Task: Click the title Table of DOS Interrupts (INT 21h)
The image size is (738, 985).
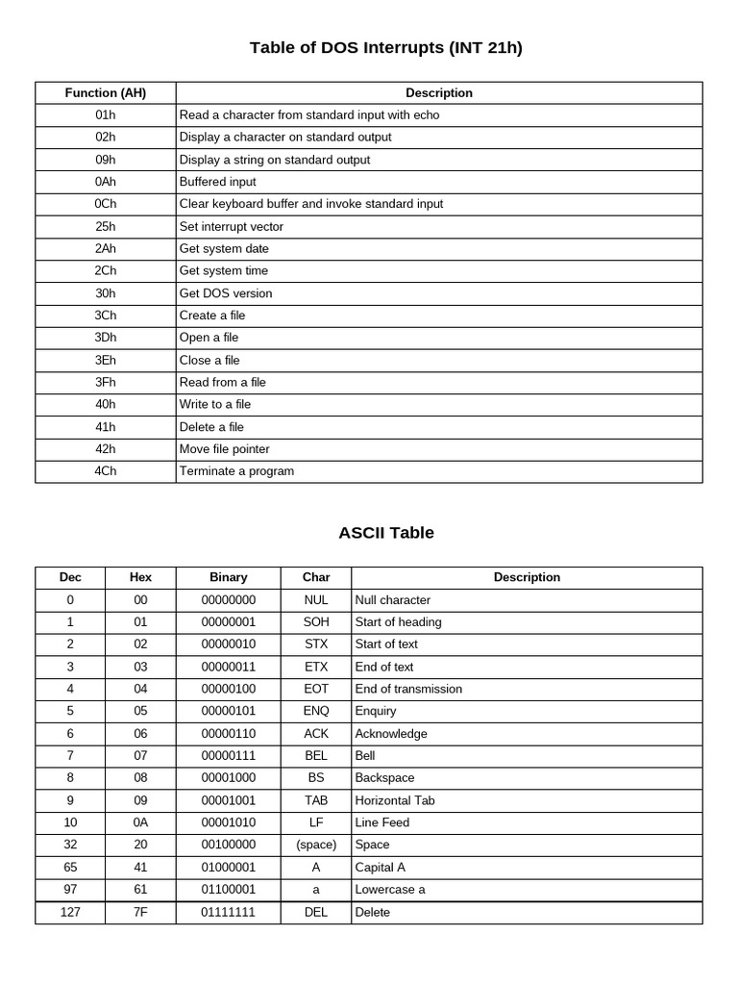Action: click(386, 47)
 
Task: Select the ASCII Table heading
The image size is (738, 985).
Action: click(386, 532)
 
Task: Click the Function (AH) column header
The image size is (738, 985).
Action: click(106, 93)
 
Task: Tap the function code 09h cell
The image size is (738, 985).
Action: click(106, 160)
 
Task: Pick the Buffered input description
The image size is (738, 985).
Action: click(218, 182)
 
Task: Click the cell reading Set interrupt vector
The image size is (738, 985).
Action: click(232, 227)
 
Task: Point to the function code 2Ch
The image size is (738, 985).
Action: click(106, 271)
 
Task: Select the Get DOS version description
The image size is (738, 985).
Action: click(226, 293)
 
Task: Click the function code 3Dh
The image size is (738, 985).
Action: click(106, 338)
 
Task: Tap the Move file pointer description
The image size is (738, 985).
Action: click(225, 449)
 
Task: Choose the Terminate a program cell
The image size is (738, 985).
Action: click(236, 471)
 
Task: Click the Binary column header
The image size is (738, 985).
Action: click(229, 577)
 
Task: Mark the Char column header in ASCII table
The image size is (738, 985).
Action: click(316, 577)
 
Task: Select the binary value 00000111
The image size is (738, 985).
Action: click(229, 756)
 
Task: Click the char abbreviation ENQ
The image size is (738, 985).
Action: click(316, 711)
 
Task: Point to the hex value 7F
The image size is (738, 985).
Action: click(140, 912)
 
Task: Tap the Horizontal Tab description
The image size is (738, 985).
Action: click(395, 800)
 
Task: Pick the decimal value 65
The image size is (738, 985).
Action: click(70, 867)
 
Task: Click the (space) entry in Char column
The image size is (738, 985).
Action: click(316, 845)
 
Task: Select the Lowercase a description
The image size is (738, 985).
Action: click(390, 890)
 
